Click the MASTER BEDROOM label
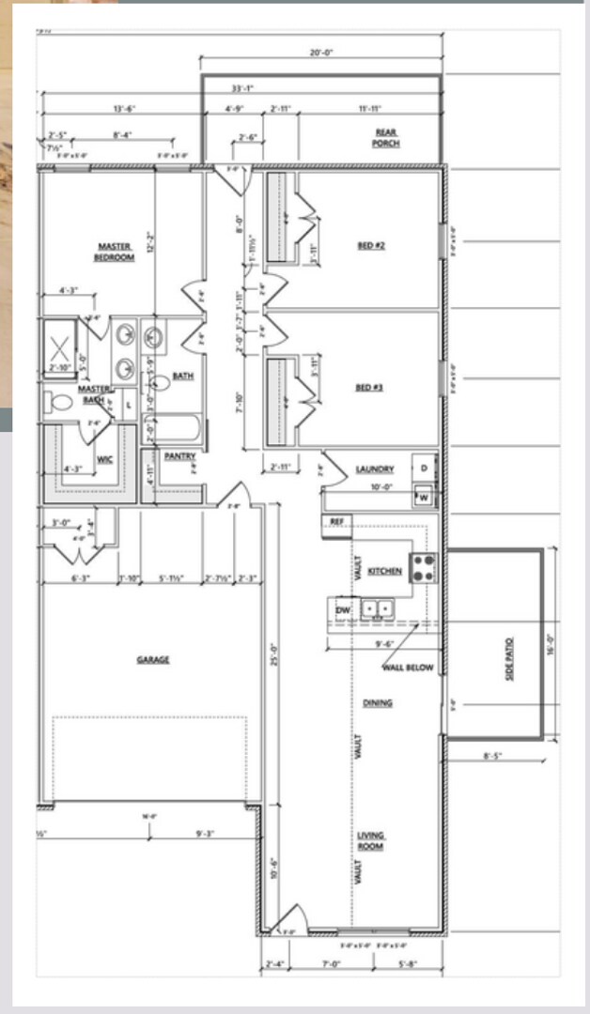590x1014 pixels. [x=114, y=252]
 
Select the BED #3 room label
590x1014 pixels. [x=368, y=387]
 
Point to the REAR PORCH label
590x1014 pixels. [x=385, y=139]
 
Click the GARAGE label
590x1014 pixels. [x=153, y=660]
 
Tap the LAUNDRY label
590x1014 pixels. [x=375, y=469]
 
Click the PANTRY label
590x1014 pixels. [x=179, y=456]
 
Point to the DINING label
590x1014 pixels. [x=378, y=702]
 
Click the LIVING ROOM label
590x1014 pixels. [x=371, y=841]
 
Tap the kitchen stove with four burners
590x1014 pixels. [x=422, y=567]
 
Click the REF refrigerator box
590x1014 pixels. [x=336, y=520]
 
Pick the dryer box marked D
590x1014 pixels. [x=424, y=468]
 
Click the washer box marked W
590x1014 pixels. [x=424, y=497]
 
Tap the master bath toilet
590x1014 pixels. [x=60, y=403]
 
